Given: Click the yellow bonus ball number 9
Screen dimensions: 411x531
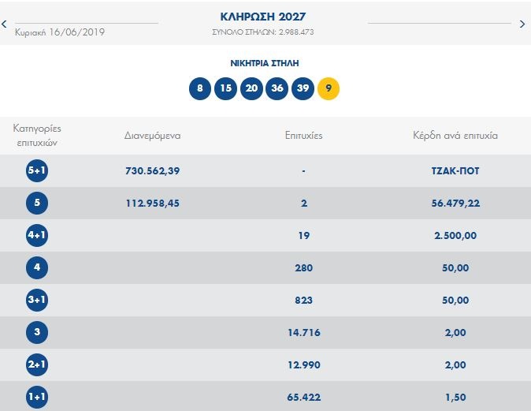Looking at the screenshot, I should pyautogui.click(x=328, y=88).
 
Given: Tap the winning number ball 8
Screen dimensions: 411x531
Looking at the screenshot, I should pyautogui.click(x=200, y=88).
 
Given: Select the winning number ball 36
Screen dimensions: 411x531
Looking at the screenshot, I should pyautogui.click(x=277, y=88).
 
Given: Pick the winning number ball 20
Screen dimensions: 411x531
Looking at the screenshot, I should pyautogui.click(x=251, y=88).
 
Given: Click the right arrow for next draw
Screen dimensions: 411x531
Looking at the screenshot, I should pyautogui.click(x=522, y=24).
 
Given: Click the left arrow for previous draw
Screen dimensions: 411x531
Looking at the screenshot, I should pyautogui.click(x=5, y=24).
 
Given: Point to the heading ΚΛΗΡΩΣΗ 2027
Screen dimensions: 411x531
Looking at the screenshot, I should pyautogui.click(x=264, y=17).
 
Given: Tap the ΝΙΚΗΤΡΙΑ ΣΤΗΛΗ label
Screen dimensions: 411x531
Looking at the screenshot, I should pyautogui.click(x=264, y=62).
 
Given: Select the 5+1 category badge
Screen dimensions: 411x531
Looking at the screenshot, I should pyautogui.click(x=37, y=170).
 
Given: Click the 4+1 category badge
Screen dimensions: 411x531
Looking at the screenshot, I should pyautogui.click(x=37, y=235).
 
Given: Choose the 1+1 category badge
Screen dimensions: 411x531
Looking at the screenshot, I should pyautogui.click(x=37, y=398).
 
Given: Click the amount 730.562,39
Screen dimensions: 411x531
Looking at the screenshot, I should pyautogui.click(x=153, y=170).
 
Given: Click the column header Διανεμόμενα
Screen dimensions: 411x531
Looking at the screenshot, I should pyautogui.click(x=153, y=135).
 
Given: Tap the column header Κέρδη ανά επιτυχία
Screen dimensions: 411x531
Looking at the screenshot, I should pyautogui.click(x=455, y=135).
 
